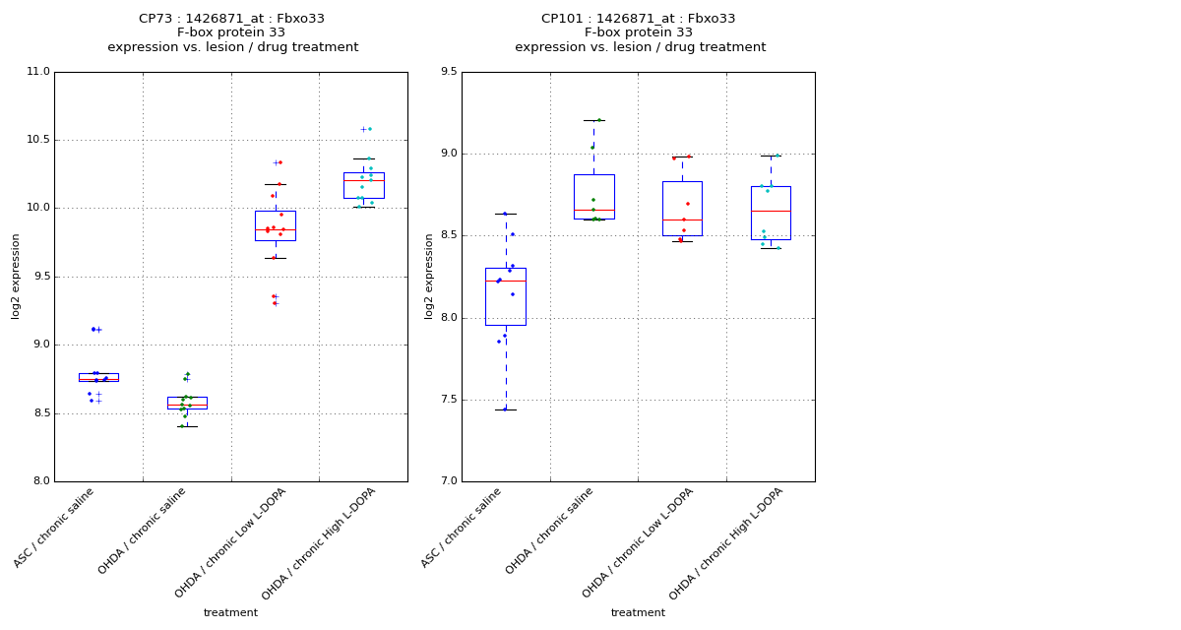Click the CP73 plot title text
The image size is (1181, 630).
pyautogui.click(x=232, y=32)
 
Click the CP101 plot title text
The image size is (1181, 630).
pyautogui.click(x=640, y=32)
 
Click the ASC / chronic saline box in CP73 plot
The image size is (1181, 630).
pyautogui.click(x=98, y=377)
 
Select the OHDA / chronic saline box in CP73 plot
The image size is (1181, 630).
pyautogui.click(x=187, y=403)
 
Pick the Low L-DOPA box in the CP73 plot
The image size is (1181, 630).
pyautogui.click(x=275, y=225)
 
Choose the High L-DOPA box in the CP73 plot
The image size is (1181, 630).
pyautogui.click(x=363, y=185)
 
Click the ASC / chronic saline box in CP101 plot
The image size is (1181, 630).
pyautogui.click(x=505, y=296)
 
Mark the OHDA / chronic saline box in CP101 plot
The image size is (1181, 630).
pyautogui.click(x=593, y=196)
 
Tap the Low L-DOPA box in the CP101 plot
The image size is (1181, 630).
pyautogui.click(x=682, y=208)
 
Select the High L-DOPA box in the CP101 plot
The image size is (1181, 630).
pyautogui.click(x=771, y=213)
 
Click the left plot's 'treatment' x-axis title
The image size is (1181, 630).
pyautogui.click(x=230, y=613)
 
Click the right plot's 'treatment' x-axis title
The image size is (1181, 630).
pyautogui.click(x=638, y=613)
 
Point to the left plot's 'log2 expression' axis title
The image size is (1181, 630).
pyautogui.click(x=17, y=277)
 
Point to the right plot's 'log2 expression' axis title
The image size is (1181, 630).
pyautogui.click(x=429, y=277)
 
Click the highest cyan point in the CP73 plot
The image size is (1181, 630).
pyautogui.click(x=369, y=129)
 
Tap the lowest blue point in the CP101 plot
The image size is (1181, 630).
pyautogui.click(x=505, y=409)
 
